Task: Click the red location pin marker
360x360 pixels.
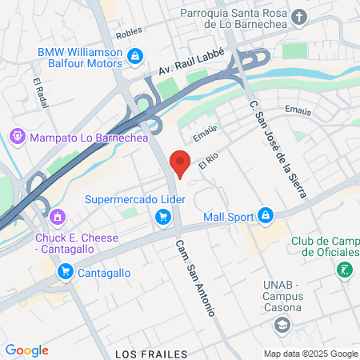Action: pyautogui.click(x=181, y=162)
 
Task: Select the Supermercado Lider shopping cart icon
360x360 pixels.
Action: pyautogui.click(x=163, y=216)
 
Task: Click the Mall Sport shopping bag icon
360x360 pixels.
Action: pyautogui.click(x=266, y=216)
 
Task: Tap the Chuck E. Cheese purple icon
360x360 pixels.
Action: pyautogui.click(x=56, y=216)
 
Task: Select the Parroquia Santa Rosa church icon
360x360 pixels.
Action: pyautogui.click(x=299, y=17)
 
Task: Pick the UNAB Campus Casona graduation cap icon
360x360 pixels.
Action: pyautogui.click(x=282, y=325)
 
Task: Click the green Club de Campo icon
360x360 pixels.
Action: pyautogui.click(x=345, y=270)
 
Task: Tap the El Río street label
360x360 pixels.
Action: pyautogui.click(x=209, y=160)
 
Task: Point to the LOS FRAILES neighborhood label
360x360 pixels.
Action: pyautogui.click(x=143, y=353)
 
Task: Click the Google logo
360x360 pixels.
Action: pyautogui.click(x=26, y=350)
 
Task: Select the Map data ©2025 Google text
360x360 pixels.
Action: pyautogui.click(x=311, y=354)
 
